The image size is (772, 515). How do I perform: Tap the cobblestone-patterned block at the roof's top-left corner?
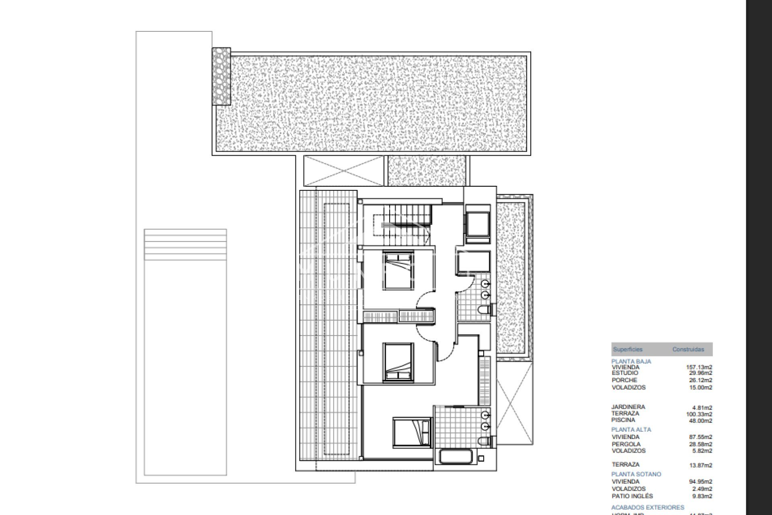click(x=221, y=76)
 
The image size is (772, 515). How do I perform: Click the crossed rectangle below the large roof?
click(x=343, y=171)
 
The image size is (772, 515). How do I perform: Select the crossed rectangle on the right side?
click(x=515, y=402)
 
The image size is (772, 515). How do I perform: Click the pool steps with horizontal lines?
click(x=185, y=245)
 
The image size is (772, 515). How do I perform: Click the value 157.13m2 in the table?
click(x=699, y=367)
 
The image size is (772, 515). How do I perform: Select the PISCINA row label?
click(x=623, y=420)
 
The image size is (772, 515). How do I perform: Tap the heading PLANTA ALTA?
click(x=631, y=429)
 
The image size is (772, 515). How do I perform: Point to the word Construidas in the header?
click(x=688, y=349)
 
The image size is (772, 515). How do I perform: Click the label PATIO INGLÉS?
click(x=632, y=496)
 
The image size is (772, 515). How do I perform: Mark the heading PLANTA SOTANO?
click(x=636, y=474)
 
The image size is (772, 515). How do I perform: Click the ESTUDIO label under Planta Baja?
click(x=625, y=373)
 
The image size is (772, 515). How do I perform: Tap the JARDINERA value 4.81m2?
click(x=702, y=407)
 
